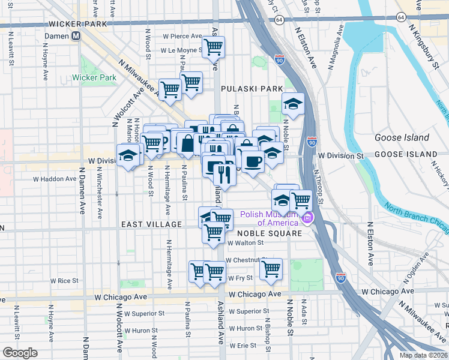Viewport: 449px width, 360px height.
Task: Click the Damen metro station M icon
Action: [x=76, y=35]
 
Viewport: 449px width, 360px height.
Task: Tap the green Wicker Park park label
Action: [x=94, y=77]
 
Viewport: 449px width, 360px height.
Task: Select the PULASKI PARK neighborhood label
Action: [x=252, y=89]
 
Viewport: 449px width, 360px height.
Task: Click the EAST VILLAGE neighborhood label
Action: [x=151, y=224]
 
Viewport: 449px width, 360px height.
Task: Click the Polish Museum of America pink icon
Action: [x=308, y=217]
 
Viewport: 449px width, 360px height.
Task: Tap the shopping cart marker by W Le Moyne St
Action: [x=213, y=47]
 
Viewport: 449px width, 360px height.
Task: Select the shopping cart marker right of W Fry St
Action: [x=271, y=268]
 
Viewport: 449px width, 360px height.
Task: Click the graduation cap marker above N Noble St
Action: [x=293, y=104]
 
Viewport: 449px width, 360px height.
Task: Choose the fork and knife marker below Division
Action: [x=224, y=175]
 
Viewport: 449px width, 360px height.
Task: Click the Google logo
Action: [x=20, y=353]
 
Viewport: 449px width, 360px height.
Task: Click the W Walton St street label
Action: [x=246, y=243]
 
